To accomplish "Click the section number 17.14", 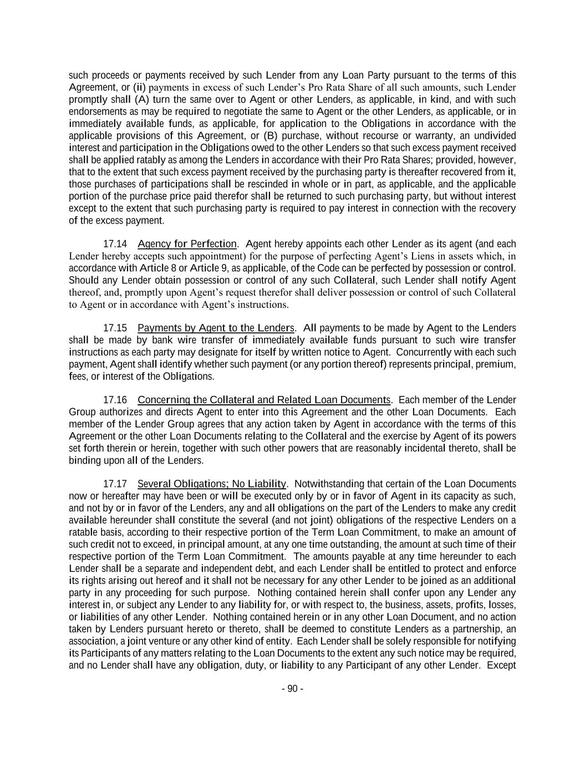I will pos(115,244).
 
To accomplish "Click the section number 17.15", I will pos(115,328).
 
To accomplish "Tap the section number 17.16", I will pos(115,400).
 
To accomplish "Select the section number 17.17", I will pos(115,484).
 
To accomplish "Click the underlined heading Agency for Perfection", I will pos(187,244).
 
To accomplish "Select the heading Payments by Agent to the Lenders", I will pos(216,328).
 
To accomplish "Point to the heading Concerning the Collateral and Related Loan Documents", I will pos(264,400).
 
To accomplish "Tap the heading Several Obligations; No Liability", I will pos(212,484).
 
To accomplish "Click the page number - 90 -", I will pos(292,689).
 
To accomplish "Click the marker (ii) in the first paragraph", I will pos(139,87).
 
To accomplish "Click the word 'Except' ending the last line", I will pos(501,665).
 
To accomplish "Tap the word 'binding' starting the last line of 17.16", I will pos(84,460).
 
